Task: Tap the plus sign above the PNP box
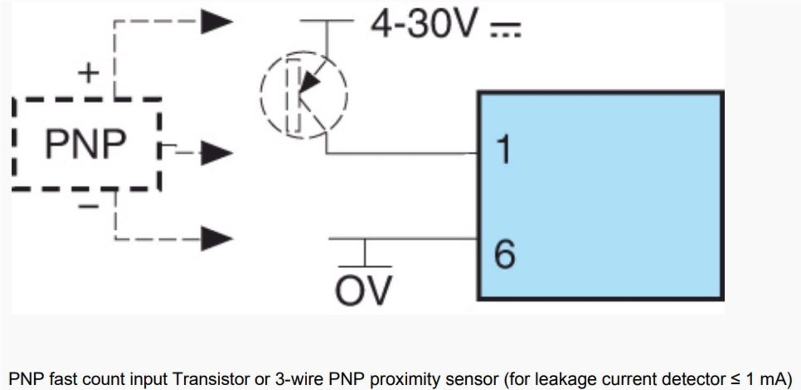pyautogui.click(x=89, y=73)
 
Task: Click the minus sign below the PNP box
pyautogui.click(x=88, y=206)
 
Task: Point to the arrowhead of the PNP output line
pyautogui.click(x=216, y=153)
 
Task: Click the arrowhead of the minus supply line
pyautogui.click(x=216, y=238)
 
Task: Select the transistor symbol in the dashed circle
pyautogui.click(x=304, y=95)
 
